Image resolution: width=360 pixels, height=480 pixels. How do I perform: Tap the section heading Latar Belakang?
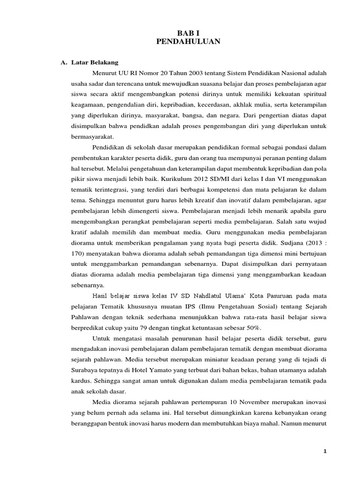(x=95, y=62)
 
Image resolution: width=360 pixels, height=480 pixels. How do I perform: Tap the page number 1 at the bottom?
(x=325, y=451)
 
